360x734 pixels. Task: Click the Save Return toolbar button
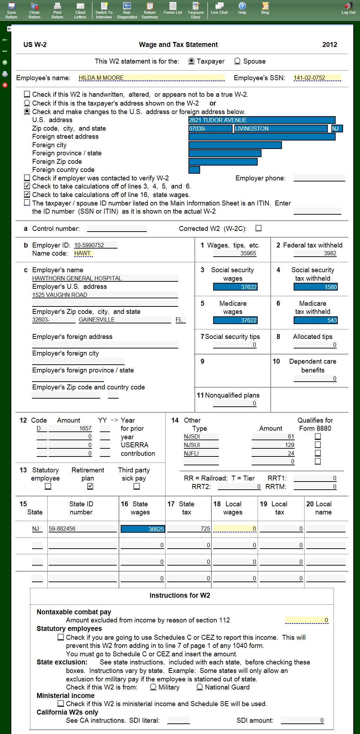11,10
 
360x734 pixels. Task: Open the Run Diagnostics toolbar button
127,10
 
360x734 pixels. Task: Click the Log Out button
348,8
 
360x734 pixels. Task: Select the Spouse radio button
238,61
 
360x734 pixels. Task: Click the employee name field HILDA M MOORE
151,78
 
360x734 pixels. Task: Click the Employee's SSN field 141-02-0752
317,78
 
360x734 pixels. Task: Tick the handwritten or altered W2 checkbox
27,94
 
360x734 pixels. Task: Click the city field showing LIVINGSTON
281,129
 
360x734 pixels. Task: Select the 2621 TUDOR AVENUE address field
262,120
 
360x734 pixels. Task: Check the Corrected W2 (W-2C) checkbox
259,228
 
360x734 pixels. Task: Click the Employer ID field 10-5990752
95,245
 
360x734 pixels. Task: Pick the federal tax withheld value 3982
315,253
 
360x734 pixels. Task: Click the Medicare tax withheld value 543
316,320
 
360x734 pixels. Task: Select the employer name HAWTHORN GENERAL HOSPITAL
105,278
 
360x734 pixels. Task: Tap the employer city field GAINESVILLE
124,320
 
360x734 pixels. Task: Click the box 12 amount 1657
70,428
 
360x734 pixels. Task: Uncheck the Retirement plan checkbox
90,486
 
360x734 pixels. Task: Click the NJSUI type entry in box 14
201,445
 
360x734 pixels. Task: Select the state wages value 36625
143,529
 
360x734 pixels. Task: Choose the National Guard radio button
200,687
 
